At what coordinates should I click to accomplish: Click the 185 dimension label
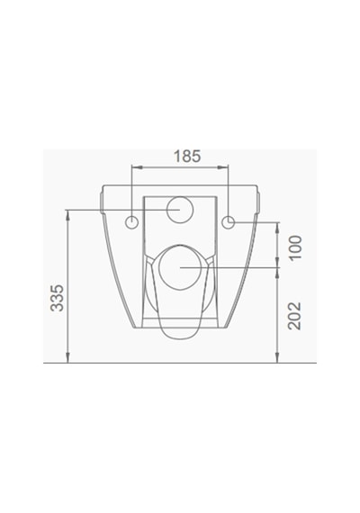[x=187, y=157]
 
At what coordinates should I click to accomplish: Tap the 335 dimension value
[x=57, y=298]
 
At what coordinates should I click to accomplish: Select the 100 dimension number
[x=295, y=247]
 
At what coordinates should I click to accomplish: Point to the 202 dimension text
[x=294, y=316]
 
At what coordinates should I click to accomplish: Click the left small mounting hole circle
[x=132, y=222]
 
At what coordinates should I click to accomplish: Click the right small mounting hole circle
[x=228, y=222]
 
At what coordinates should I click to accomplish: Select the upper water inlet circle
[x=180, y=210]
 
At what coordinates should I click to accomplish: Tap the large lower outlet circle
[x=180, y=267]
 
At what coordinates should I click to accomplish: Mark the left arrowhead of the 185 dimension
[x=136, y=167]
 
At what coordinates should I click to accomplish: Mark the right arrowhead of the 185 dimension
[x=224, y=167]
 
